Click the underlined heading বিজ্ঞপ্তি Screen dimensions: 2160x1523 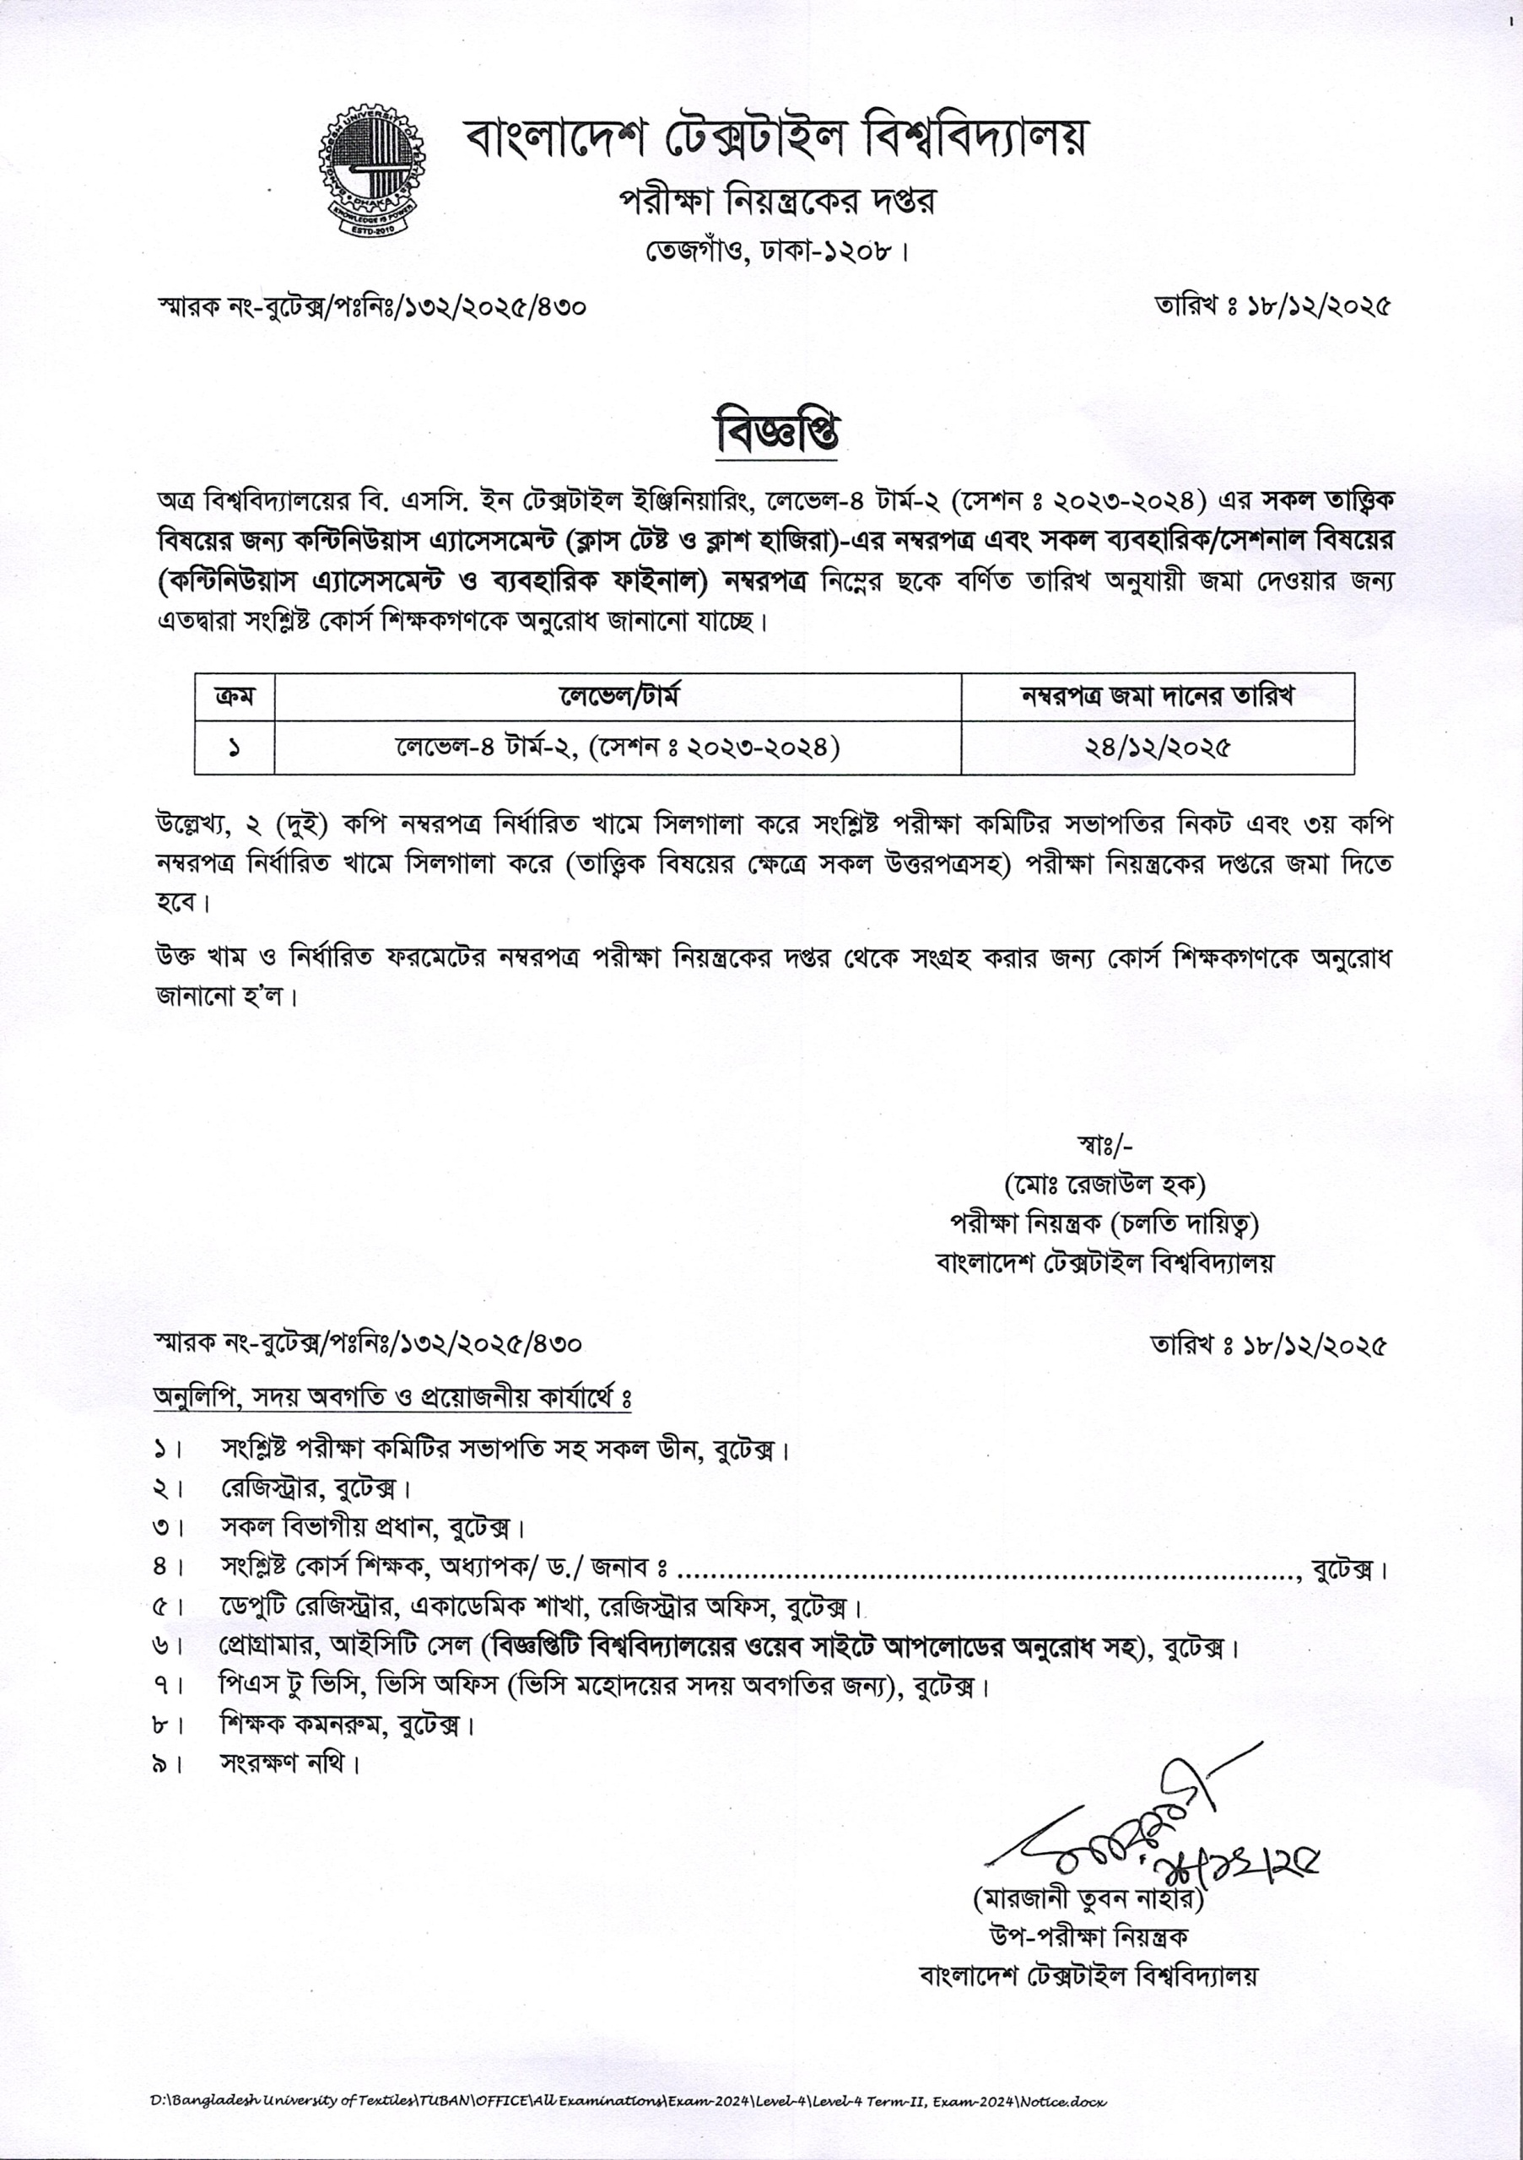click(776, 435)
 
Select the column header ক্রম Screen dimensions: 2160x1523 click(233, 697)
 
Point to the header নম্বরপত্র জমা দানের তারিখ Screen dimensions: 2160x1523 click(1157, 697)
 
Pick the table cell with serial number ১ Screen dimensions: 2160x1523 click(233, 749)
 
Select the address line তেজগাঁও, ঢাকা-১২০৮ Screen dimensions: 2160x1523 click(775, 252)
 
